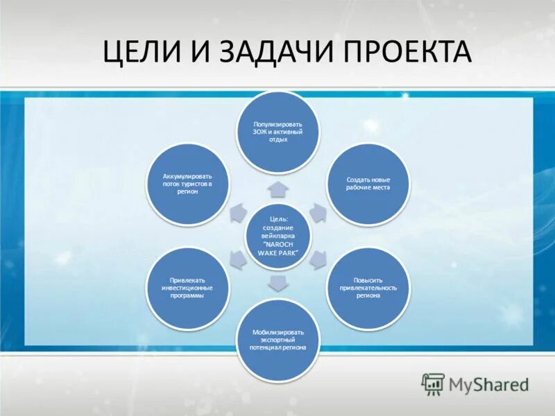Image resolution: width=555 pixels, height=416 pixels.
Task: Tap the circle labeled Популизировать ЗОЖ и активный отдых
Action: (x=277, y=132)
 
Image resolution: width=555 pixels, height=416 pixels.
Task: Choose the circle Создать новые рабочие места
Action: (x=368, y=183)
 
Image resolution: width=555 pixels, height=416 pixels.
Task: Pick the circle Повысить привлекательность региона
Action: (x=368, y=288)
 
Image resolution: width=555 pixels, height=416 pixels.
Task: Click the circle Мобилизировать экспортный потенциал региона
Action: (x=277, y=340)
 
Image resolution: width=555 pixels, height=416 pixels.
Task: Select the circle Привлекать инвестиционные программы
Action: (x=187, y=288)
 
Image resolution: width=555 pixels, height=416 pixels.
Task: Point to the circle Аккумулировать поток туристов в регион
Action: (x=187, y=183)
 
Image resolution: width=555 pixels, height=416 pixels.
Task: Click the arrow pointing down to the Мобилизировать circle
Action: (x=277, y=282)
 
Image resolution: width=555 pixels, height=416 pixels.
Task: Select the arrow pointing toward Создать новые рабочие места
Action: (x=317, y=211)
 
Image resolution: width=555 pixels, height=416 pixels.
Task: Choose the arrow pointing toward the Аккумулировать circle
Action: (x=237, y=211)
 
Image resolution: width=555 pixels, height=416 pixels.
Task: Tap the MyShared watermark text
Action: (x=489, y=383)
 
